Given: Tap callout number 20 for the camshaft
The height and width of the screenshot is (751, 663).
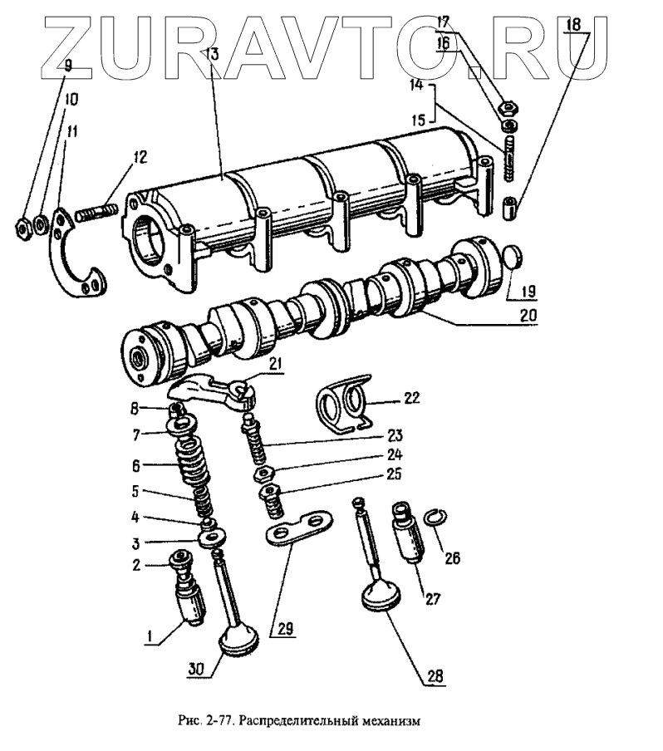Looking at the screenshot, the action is tap(530, 315).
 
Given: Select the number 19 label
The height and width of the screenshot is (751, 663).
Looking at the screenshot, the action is tap(529, 290).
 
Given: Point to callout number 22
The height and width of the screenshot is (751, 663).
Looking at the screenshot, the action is tap(412, 398).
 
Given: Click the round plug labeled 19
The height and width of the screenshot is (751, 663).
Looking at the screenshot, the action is tap(515, 258).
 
